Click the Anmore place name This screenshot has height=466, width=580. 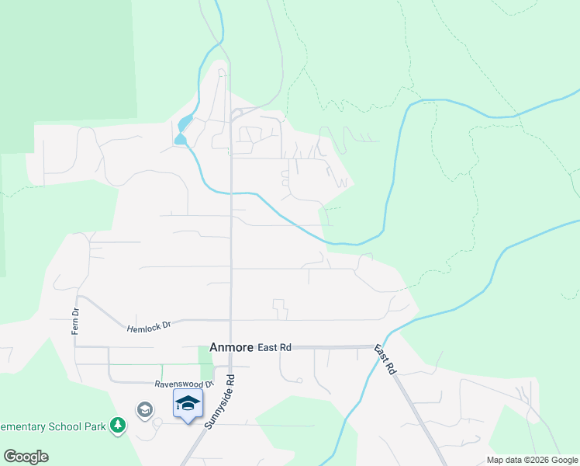pos(232,348)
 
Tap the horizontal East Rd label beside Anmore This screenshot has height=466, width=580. pos(274,348)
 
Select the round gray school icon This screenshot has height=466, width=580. pos(144,409)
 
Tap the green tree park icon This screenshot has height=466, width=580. pos(117,425)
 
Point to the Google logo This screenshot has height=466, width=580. pos(26,457)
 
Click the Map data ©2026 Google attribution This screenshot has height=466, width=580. pos(532,460)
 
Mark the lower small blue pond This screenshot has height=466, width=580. pos(181,139)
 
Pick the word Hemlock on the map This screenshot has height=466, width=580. pos(142,329)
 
